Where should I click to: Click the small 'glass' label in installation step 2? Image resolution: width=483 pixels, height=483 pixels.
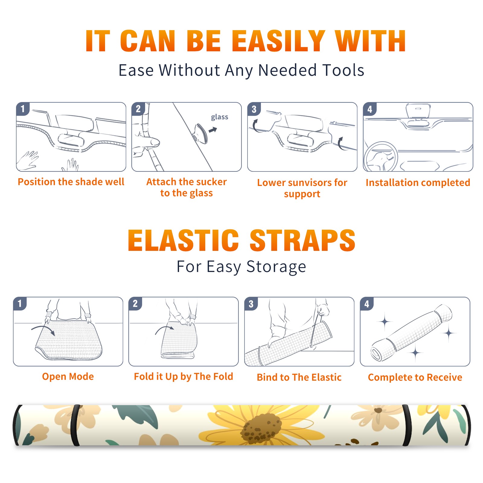tap(219, 117)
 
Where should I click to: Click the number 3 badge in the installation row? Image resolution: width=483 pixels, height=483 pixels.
tap(254, 109)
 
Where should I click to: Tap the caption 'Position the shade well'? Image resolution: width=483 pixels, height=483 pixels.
tap(71, 182)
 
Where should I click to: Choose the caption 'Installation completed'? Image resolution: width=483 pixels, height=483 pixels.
tap(418, 182)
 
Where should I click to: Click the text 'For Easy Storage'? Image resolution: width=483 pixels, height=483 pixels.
tap(241, 267)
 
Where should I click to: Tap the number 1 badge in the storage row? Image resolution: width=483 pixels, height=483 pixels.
tap(20, 303)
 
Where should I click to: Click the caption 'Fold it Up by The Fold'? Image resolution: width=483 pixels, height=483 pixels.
tap(184, 377)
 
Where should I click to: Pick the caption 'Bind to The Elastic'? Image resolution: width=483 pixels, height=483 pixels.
tap(299, 377)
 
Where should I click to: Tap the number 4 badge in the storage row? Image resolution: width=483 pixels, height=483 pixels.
tap(367, 304)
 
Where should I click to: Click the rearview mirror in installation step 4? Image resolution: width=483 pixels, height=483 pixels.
tap(418, 111)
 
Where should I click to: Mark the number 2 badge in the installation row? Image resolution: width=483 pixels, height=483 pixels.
tap(138, 109)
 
